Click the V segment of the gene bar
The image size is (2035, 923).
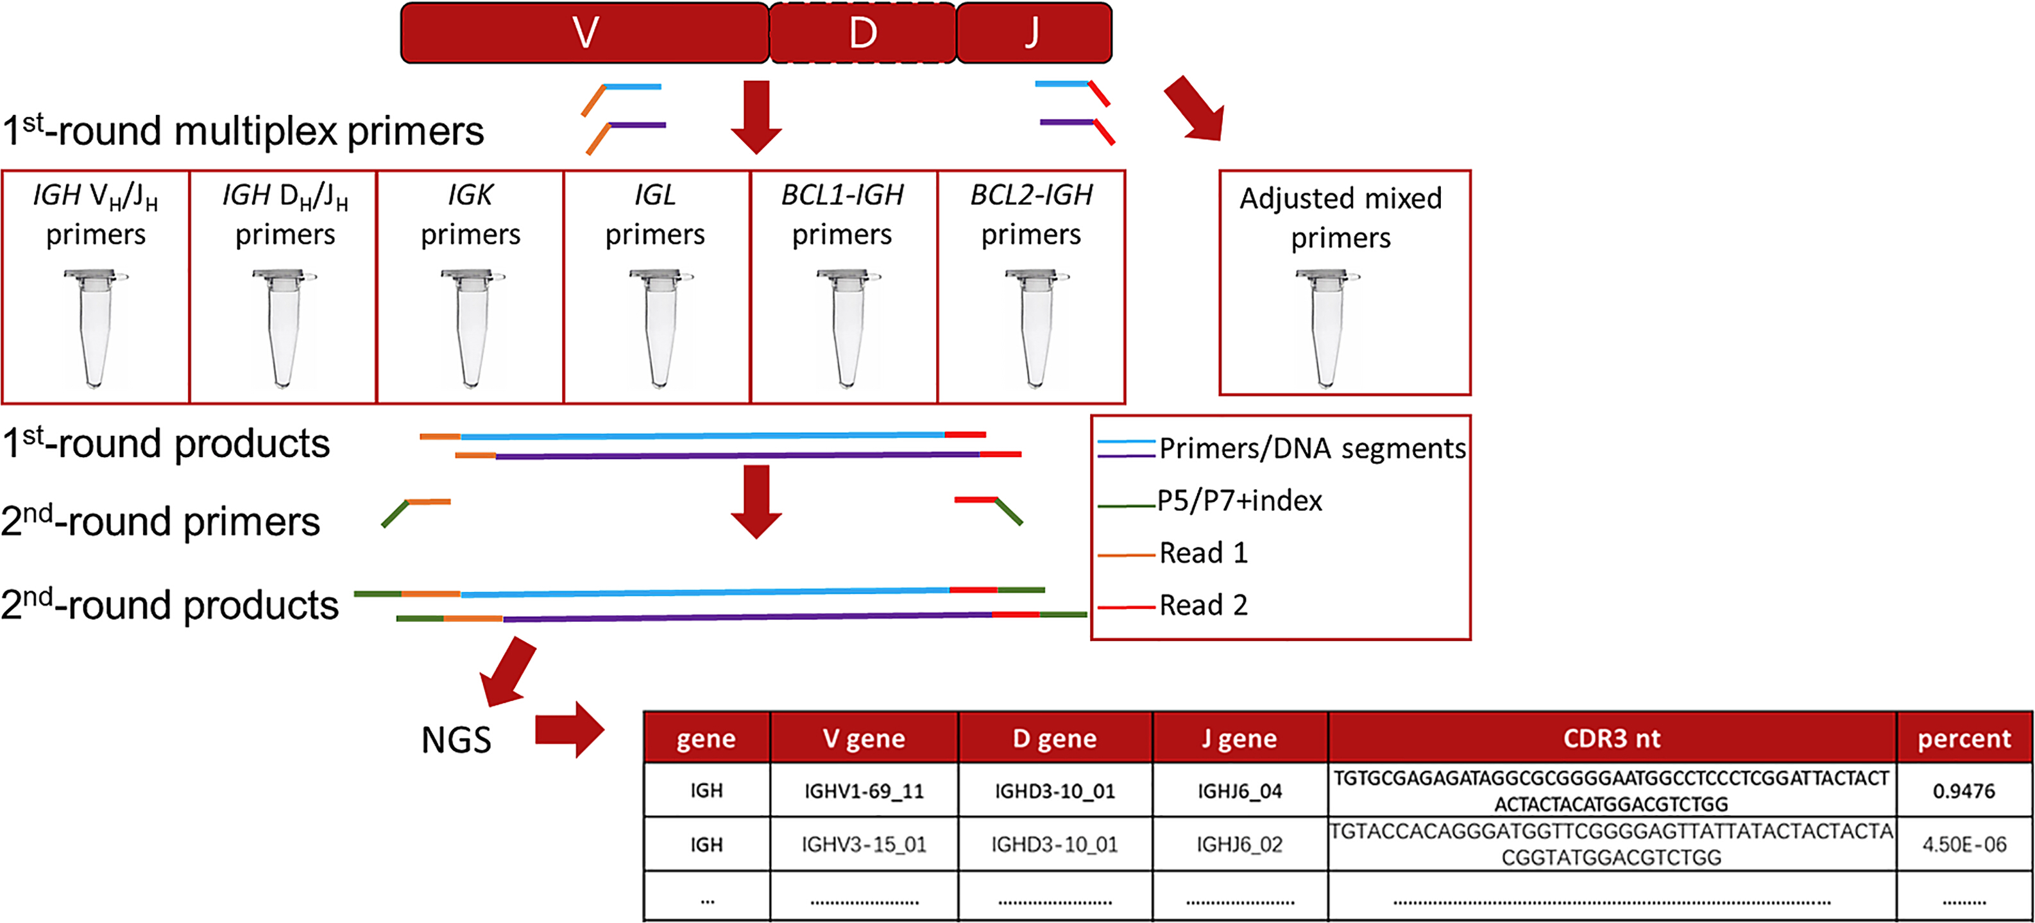[x=584, y=32]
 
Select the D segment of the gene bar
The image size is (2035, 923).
[x=863, y=32]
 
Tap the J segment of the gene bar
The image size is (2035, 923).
[x=1034, y=32]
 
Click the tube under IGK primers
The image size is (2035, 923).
[x=472, y=328]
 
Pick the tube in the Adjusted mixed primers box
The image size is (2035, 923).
[x=1327, y=328]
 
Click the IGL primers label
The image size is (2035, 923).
[x=656, y=214]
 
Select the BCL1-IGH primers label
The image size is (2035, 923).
[x=842, y=214]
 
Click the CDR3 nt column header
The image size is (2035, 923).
[x=1612, y=738]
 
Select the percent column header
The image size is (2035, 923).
[x=1964, y=738]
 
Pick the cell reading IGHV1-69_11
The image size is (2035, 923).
[x=864, y=790]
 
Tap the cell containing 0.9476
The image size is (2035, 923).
[x=1964, y=790]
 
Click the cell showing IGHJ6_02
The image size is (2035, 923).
[x=1239, y=844]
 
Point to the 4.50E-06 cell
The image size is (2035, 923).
[x=1964, y=844]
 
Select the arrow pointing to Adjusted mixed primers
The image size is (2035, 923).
[x=1195, y=109]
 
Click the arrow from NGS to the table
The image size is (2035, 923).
[x=570, y=729]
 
